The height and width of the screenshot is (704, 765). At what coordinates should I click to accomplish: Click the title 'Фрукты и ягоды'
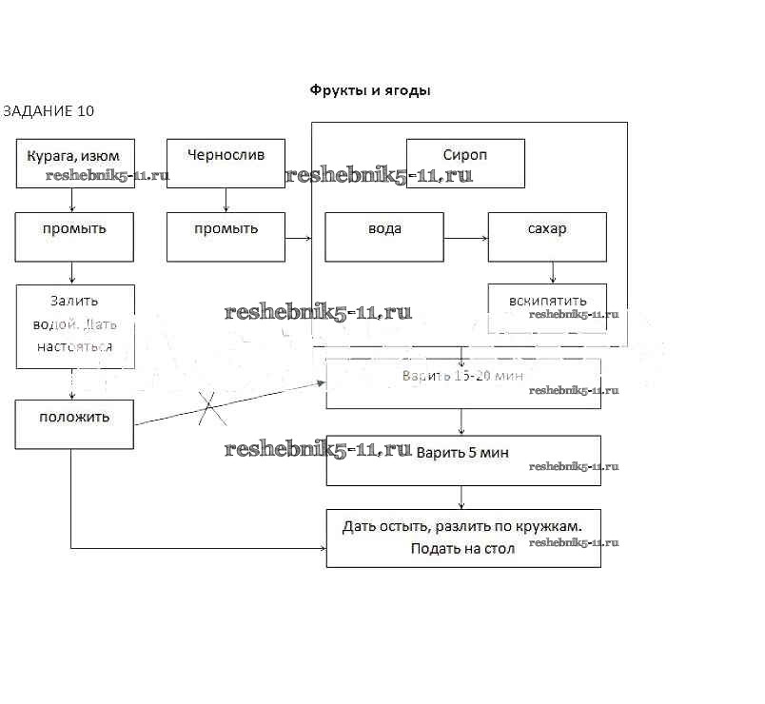click(x=370, y=90)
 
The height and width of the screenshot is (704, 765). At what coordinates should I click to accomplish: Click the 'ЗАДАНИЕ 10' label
click(x=49, y=111)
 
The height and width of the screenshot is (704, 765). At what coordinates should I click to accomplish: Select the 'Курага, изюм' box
click(x=74, y=163)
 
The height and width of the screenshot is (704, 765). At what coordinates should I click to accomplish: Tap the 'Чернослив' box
click(x=226, y=163)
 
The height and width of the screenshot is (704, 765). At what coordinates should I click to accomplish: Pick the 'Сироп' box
click(x=465, y=163)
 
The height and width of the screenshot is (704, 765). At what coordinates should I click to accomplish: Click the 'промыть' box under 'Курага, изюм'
click(x=74, y=236)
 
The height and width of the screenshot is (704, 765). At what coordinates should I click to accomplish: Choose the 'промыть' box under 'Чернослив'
click(x=226, y=236)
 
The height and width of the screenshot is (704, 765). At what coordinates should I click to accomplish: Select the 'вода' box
click(x=384, y=236)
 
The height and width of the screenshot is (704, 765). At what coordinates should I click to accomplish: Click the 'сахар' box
click(x=547, y=236)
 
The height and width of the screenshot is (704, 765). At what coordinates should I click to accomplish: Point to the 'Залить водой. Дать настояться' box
click(x=74, y=325)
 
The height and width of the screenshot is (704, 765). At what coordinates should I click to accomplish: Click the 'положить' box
click(x=74, y=423)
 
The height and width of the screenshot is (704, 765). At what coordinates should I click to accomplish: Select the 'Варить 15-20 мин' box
click(x=463, y=383)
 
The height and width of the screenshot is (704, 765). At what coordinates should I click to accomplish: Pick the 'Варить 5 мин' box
click(x=463, y=460)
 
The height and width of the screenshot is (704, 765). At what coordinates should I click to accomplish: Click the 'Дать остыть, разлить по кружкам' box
click(x=463, y=538)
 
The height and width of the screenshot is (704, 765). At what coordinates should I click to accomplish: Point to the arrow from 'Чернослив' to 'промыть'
click(x=226, y=199)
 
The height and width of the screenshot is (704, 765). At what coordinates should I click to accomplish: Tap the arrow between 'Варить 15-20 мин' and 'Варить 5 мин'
click(x=462, y=422)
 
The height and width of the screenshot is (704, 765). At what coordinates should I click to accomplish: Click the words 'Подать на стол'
click(x=462, y=549)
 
